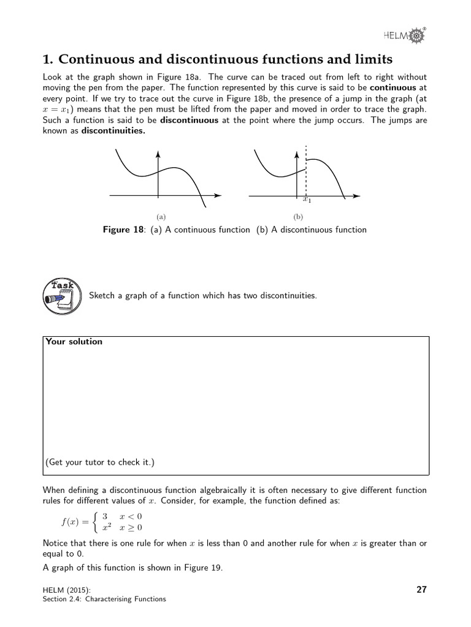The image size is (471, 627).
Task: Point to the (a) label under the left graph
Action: coord(161,216)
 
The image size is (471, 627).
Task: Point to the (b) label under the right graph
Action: coord(298,216)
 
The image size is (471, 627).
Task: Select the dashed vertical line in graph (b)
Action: coord(305,171)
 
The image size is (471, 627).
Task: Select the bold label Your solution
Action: coord(74,342)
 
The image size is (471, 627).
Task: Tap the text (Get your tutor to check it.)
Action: coord(100,462)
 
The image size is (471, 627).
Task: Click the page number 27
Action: coord(421,590)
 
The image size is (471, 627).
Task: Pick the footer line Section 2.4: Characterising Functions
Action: coord(104,599)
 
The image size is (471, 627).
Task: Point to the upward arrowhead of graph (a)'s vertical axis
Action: coord(158,153)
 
